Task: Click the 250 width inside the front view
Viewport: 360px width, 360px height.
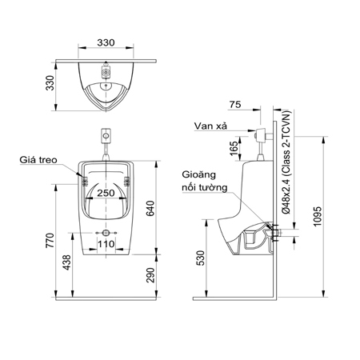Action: point(107,194)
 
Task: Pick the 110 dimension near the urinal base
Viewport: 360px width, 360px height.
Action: point(107,242)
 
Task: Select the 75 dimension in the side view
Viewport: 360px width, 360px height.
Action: point(234,104)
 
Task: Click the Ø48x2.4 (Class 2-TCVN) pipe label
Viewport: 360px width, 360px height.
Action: point(286,159)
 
